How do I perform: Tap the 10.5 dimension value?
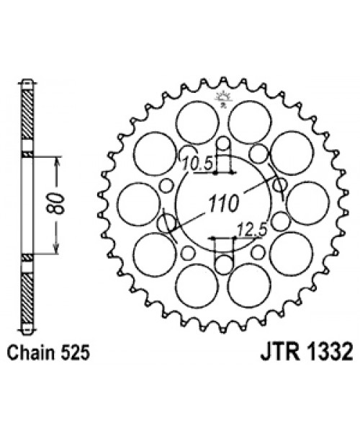tap(195, 164)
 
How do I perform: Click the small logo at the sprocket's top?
tap(222, 100)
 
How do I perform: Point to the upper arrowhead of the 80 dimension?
tap(54, 158)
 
